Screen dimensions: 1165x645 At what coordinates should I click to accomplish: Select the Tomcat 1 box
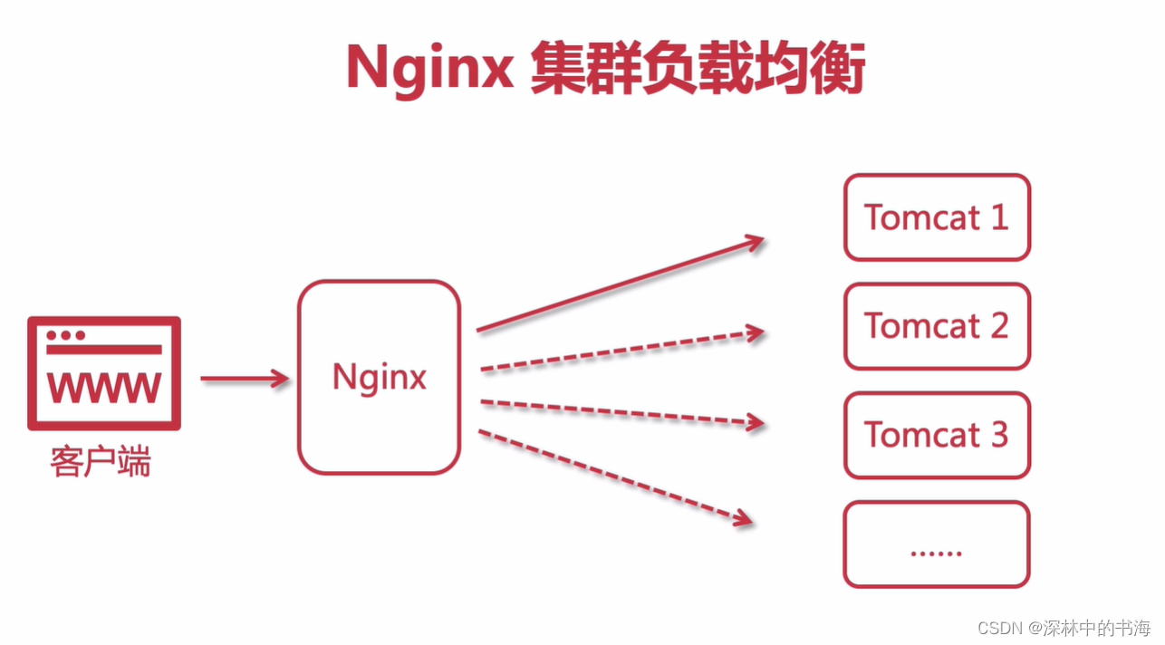(x=937, y=217)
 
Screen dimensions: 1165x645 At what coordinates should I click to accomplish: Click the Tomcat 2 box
(x=937, y=326)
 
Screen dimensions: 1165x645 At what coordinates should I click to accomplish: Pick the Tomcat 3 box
(x=937, y=435)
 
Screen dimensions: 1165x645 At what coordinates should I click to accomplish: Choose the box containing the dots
(x=937, y=544)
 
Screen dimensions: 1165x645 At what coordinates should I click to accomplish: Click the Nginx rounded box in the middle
(x=379, y=377)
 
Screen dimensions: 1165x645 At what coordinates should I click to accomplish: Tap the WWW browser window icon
(x=104, y=372)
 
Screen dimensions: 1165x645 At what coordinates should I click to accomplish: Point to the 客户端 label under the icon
(x=100, y=462)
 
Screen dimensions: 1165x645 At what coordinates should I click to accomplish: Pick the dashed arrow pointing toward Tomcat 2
(x=622, y=351)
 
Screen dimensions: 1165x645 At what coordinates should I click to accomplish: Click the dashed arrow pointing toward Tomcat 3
(x=622, y=412)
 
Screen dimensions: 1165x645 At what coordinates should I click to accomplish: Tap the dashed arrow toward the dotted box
(x=616, y=477)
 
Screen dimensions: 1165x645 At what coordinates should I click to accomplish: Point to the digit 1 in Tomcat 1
(x=997, y=217)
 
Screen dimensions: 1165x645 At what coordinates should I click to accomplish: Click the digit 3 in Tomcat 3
(x=998, y=435)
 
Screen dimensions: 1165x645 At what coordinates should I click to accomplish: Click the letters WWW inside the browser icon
(x=104, y=388)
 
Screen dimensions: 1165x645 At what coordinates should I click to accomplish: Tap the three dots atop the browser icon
(x=65, y=335)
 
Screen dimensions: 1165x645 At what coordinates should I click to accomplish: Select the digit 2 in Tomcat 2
(x=998, y=326)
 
